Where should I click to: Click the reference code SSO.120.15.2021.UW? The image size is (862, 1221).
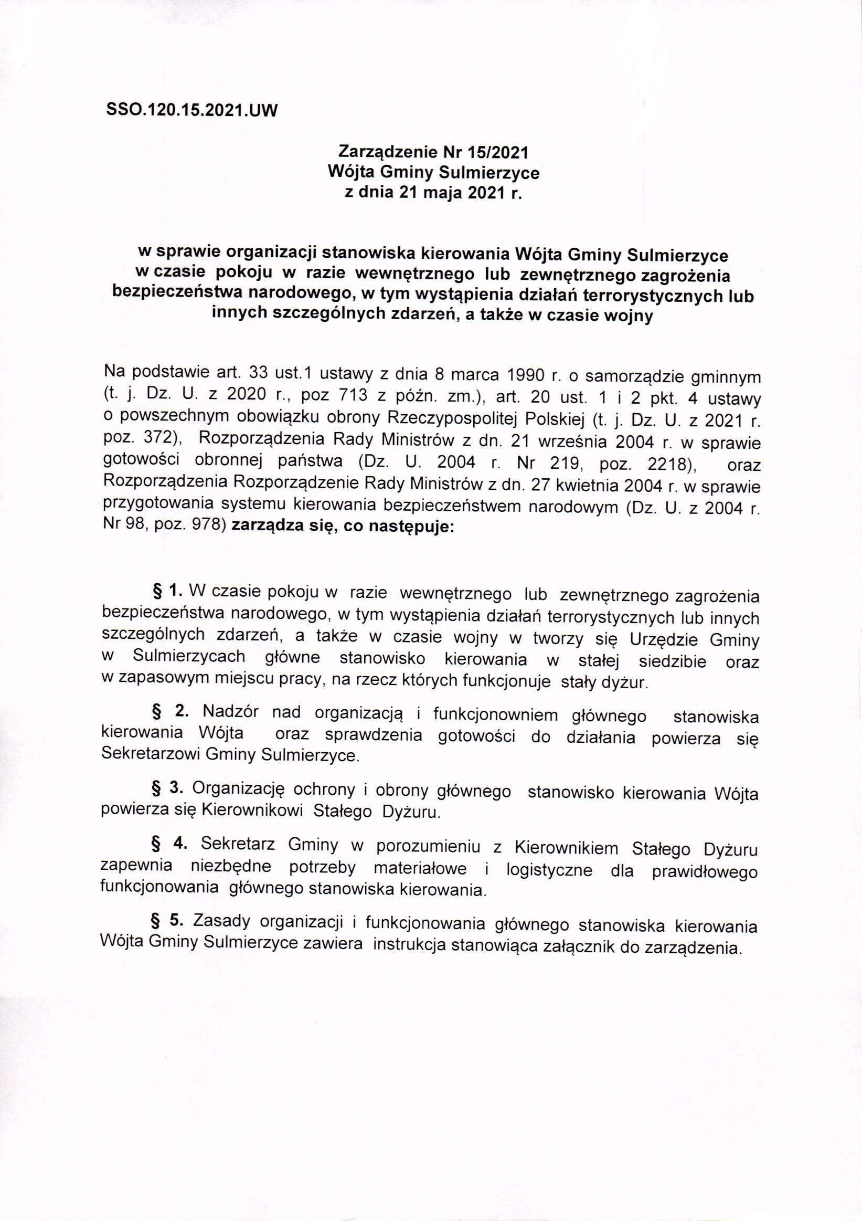[193, 111]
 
